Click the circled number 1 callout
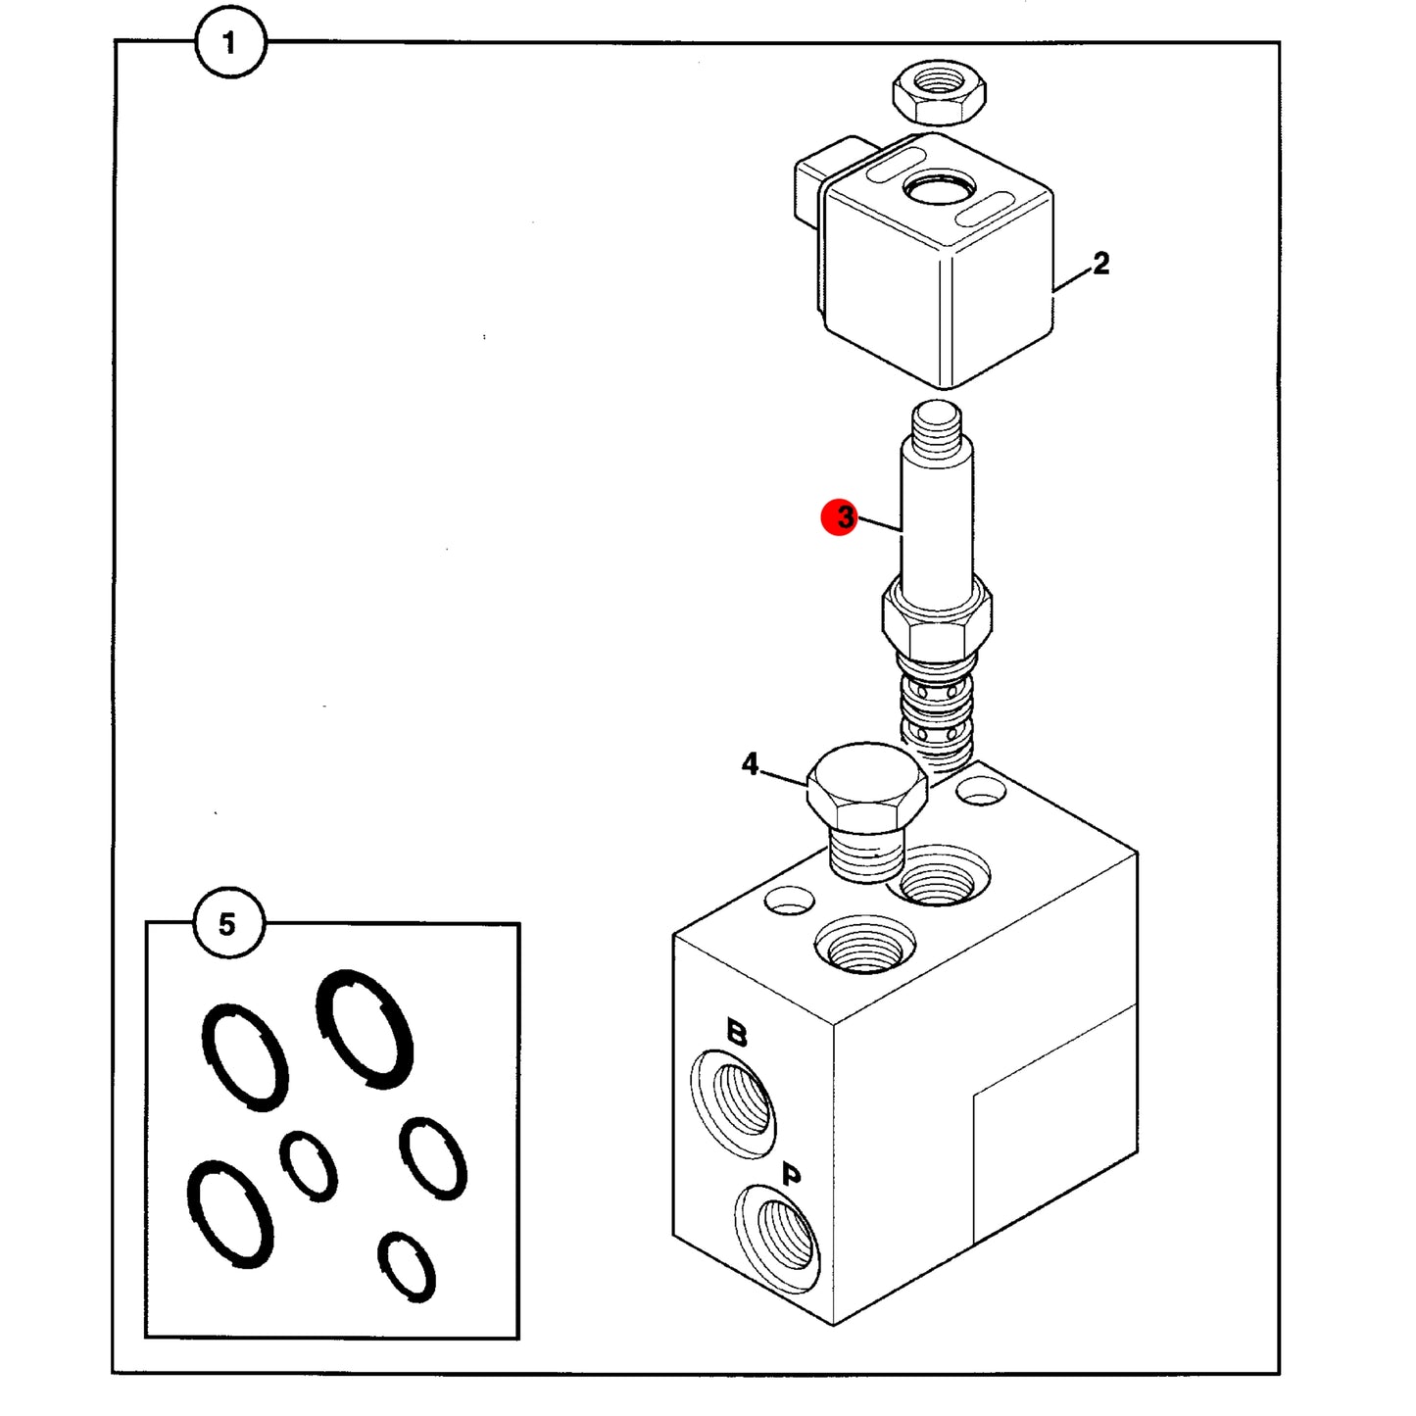click(x=230, y=42)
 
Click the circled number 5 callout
click(x=227, y=924)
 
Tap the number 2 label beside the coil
click(x=1100, y=263)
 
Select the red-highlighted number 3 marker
click(x=840, y=517)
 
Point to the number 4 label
click(x=750, y=764)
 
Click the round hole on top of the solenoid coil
click(x=939, y=191)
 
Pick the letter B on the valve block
click(x=736, y=1033)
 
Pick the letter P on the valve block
click(x=791, y=1177)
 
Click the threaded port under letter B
click(x=733, y=1102)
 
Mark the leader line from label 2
click(x=1073, y=281)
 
